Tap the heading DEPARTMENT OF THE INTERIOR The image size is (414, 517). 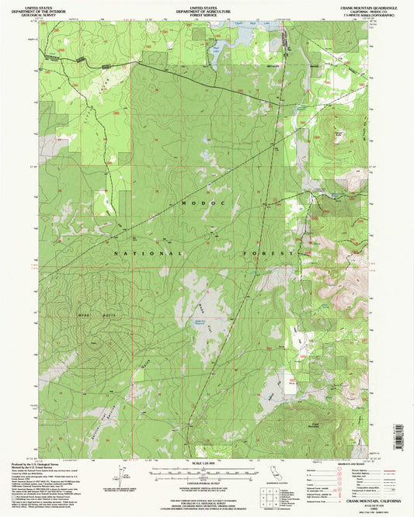(x=66, y=10)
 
